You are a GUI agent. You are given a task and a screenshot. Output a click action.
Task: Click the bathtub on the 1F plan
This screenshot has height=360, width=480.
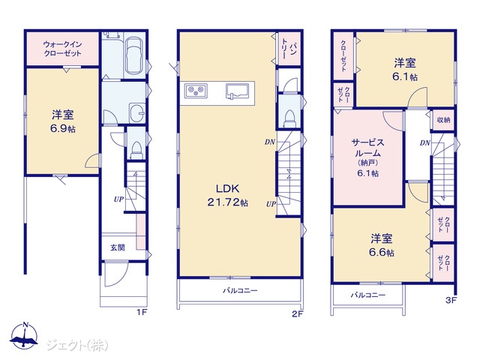tap(134, 55)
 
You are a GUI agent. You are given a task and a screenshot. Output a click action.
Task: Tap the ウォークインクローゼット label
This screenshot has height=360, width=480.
tap(62, 49)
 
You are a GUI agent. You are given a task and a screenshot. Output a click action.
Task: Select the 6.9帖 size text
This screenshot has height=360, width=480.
tap(63, 129)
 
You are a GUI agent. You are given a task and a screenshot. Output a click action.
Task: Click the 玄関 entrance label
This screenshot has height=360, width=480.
tap(118, 247)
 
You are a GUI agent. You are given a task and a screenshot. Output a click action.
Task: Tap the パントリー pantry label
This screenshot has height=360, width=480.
tap(289, 48)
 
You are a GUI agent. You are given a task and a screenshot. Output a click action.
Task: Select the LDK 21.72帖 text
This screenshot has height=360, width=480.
tap(227, 195)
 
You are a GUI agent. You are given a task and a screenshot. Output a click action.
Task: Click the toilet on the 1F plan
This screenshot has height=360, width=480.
tap(136, 151)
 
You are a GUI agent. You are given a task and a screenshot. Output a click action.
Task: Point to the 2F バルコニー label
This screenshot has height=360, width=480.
tap(240, 290)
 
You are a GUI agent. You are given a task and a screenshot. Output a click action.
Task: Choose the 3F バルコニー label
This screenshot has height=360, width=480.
tap(368, 295)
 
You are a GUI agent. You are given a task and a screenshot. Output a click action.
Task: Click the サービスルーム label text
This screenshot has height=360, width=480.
tap(367, 148)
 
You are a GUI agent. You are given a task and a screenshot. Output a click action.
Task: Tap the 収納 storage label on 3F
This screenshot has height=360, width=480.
tap(443, 120)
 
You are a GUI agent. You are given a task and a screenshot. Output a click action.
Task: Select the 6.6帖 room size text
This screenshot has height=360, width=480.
tap(382, 253)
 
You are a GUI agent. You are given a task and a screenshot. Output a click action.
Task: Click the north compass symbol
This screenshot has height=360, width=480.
tap(24, 335)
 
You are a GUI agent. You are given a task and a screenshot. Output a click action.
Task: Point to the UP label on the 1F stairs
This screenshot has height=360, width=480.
tap(118, 199)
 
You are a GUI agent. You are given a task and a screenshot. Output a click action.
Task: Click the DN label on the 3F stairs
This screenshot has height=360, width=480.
tap(425, 142)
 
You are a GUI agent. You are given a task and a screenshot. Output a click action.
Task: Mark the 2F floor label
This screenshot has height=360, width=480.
tap(297, 314)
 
